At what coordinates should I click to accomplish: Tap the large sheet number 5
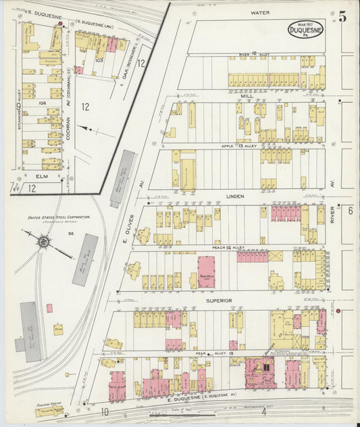tap(343, 18)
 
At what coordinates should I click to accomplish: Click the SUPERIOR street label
tap(219, 300)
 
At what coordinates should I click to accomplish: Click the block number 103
tap(99, 60)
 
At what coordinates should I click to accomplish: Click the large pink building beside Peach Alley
tap(206, 272)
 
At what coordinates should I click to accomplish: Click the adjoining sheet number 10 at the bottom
tap(105, 411)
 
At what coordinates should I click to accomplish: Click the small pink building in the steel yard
tap(49, 308)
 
